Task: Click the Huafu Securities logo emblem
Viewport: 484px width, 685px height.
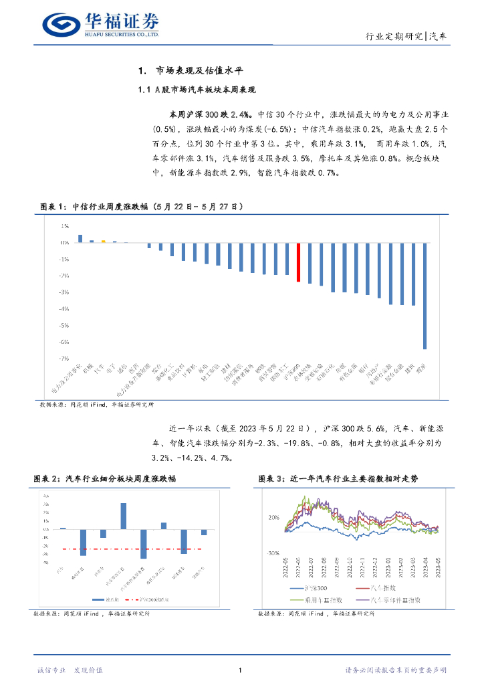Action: tap(61, 25)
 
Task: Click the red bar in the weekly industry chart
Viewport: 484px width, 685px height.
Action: tap(297, 262)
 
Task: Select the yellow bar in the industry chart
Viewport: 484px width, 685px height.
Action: tap(103, 241)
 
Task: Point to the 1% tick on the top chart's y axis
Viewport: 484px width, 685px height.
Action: tap(65, 226)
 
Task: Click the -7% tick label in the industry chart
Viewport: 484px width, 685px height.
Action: tap(64, 359)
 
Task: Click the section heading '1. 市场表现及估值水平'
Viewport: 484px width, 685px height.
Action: tap(192, 71)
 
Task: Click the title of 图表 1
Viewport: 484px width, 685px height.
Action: tap(138, 207)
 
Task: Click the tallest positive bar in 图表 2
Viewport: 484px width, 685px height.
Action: tap(124, 516)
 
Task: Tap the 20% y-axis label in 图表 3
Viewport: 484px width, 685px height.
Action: tap(273, 518)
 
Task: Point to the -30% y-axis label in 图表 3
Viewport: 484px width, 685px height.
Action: tap(272, 555)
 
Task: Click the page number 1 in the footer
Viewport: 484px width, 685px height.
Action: tap(240, 670)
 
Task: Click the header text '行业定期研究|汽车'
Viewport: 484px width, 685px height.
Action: tap(407, 37)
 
